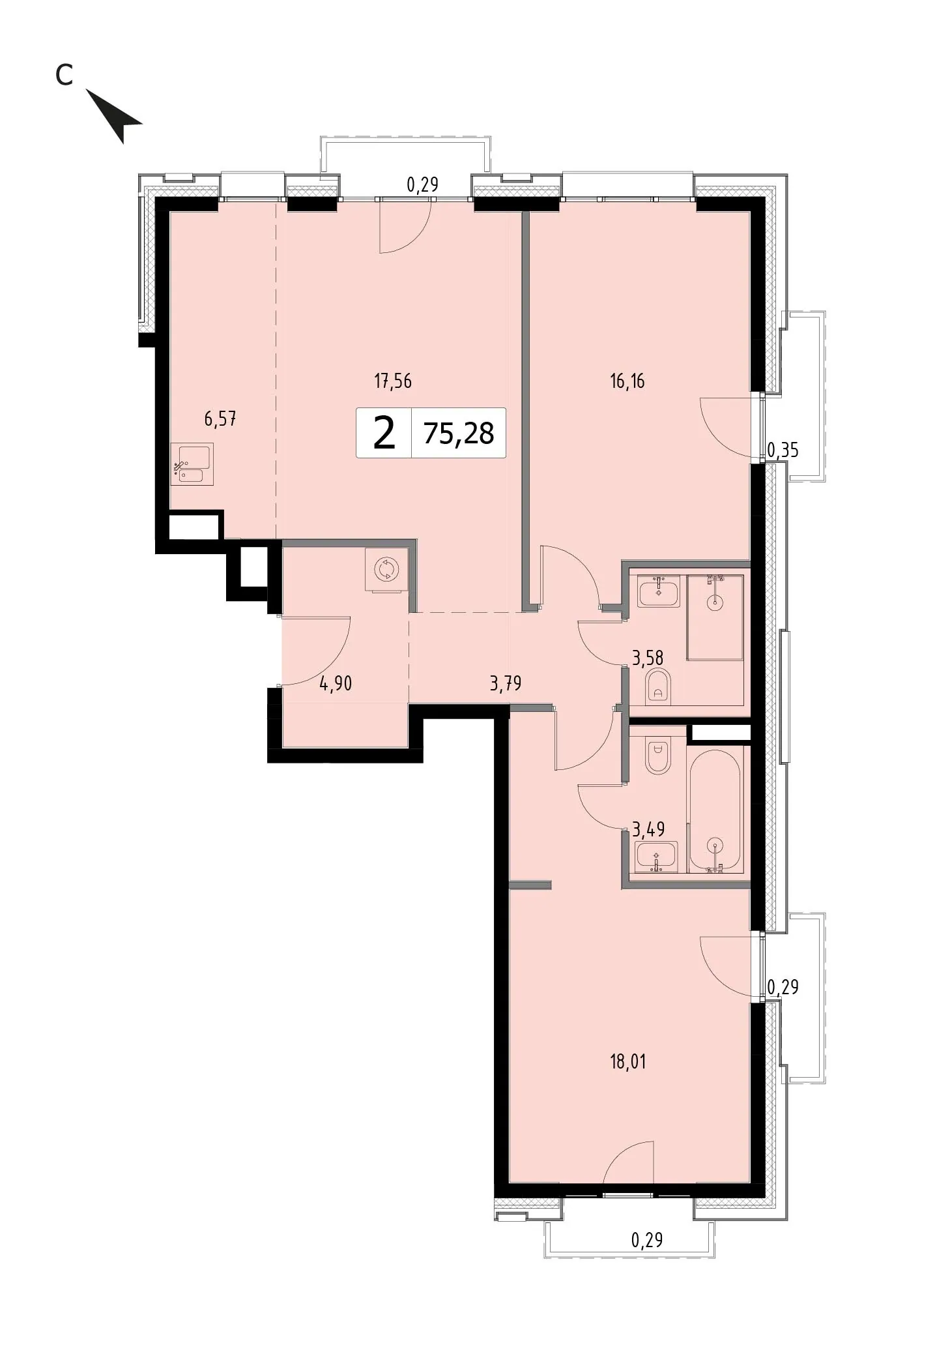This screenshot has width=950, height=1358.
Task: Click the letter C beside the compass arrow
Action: coord(64,75)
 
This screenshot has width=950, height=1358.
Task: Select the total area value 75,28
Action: coord(459,433)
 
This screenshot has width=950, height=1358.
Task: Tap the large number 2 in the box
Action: coord(384,433)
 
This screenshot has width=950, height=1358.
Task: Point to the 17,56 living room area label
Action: coord(393,381)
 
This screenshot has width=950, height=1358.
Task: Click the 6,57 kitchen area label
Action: coord(220,419)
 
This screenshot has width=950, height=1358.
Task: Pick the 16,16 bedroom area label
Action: coord(627,381)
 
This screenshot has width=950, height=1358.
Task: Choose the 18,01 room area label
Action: coord(627,1062)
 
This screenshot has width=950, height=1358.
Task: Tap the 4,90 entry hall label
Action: coord(336,683)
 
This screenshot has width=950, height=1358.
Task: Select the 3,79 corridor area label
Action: coord(506,683)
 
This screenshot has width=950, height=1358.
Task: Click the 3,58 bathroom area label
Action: coord(648,657)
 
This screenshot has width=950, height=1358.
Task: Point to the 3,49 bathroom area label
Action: coord(648,829)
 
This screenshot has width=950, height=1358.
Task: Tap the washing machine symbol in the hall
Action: coord(386,569)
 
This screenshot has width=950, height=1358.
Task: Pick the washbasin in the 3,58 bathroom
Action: coord(659,591)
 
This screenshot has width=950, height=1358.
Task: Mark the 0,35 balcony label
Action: coord(783,450)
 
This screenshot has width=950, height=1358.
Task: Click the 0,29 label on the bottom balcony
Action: coord(647,1239)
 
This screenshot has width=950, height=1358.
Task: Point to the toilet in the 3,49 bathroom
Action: coord(658,756)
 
